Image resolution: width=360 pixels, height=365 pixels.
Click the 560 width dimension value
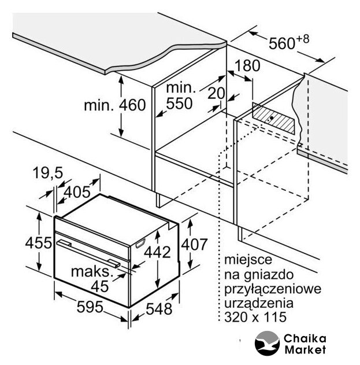[281, 43]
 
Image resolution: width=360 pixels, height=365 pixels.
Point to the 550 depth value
[179, 104]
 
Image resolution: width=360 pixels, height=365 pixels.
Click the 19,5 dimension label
[48, 173]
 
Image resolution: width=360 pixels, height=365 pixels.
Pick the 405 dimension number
[77, 192]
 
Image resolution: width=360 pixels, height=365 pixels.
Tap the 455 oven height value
[38, 243]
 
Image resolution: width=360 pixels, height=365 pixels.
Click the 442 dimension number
[157, 252]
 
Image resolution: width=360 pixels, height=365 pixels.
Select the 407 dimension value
[194, 245]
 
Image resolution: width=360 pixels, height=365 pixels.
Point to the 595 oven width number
[90, 307]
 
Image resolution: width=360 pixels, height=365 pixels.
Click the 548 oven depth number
[159, 309]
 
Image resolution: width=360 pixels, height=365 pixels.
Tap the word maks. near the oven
[92, 272]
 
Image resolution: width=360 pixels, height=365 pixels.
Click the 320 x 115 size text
[255, 317]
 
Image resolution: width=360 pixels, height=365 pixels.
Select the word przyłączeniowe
[273, 289]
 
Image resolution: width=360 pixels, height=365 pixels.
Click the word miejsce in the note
[248, 260]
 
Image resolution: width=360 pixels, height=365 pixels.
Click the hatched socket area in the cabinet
[273, 119]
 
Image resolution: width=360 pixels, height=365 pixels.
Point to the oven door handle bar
[88, 253]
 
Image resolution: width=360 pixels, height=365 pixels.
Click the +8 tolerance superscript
[302, 39]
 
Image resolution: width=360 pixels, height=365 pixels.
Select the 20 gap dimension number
[216, 93]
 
